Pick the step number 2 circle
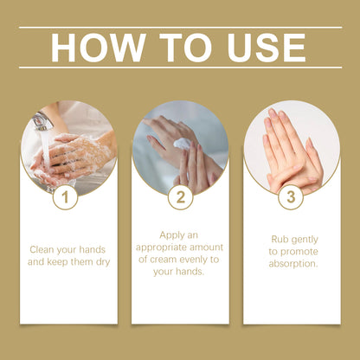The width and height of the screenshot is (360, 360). coord(180,197)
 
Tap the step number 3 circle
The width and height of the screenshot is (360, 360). coord(290,197)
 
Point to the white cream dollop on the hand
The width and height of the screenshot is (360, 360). coord(182,144)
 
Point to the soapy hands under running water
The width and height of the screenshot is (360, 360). coord(74,156)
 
